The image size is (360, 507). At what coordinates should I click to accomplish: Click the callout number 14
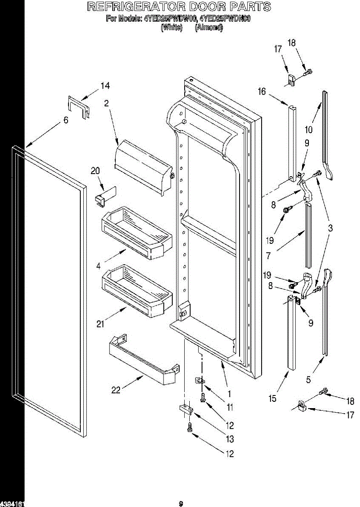tap(105, 86)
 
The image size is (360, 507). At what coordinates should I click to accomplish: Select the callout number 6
tap(65, 120)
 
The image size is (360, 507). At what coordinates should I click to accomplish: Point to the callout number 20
tap(95, 171)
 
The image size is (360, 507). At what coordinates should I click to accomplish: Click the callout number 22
tap(116, 391)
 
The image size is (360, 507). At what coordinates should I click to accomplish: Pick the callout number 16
tap(262, 91)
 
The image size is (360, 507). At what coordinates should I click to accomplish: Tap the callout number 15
tap(273, 398)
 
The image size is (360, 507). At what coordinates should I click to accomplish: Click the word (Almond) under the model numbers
tap(209, 28)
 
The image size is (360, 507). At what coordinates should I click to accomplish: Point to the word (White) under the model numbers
tap(172, 28)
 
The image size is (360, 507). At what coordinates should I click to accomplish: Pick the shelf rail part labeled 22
tap(142, 359)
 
